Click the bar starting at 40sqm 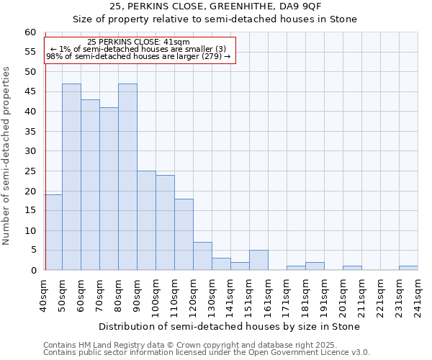coord(53,233)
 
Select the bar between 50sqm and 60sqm coord(71,177)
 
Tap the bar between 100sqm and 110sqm coord(165,222)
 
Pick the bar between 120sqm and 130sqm coord(202,256)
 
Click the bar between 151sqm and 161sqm coord(258,260)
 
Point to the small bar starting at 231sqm coord(408,268)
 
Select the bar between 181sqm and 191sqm coord(315,266)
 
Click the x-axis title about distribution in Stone coord(229,326)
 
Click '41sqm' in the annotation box coord(176,42)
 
